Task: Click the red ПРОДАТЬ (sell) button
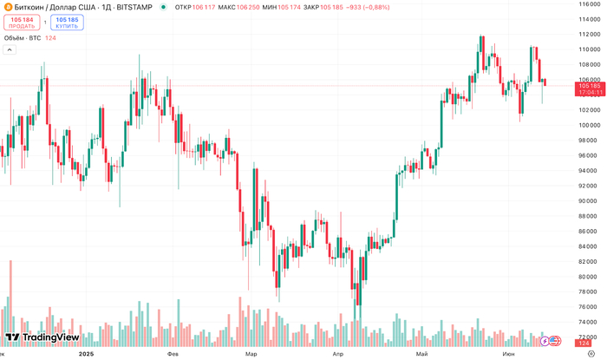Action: [23, 22]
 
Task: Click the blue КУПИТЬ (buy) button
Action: [67, 22]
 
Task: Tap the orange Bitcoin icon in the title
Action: [6, 7]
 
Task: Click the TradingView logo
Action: [42, 337]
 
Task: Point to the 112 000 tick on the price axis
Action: [590, 34]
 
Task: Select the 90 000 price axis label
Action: [590, 201]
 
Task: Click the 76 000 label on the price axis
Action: [590, 307]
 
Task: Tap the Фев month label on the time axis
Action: [173, 354]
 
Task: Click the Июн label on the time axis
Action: [507, 354]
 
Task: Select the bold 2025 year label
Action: [86, 354]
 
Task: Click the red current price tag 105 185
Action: [590, 86]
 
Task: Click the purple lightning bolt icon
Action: [545, 341]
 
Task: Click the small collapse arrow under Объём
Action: [10, 50]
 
